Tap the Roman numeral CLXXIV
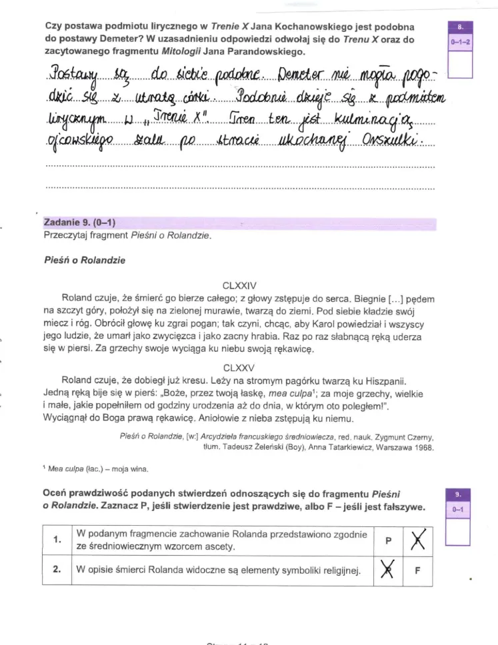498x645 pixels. tap(239, 286)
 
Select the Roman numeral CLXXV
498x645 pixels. tap(239, 367)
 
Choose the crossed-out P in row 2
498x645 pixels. tap(386, 570)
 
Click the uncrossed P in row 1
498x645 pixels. tap(386, 541)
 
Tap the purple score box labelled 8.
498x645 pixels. tap(460, 28)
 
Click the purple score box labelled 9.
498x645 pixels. tap(460, 494)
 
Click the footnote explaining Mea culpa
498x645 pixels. tap(97, 469)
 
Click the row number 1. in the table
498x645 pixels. tap(57, 540)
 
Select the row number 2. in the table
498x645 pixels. tap(57, 570)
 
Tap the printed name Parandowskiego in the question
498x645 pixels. tap(270, 51)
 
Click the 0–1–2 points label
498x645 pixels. tap(460, 42)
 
